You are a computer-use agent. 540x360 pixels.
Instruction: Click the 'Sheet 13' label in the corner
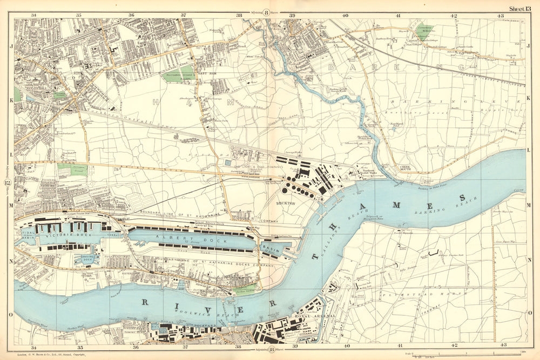point(522,8)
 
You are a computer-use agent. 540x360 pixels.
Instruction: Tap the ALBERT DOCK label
point(172,237)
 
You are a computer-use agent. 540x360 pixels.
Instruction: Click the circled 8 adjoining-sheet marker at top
point(266,9)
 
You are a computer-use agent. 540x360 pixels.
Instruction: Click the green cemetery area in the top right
point(426,32)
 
